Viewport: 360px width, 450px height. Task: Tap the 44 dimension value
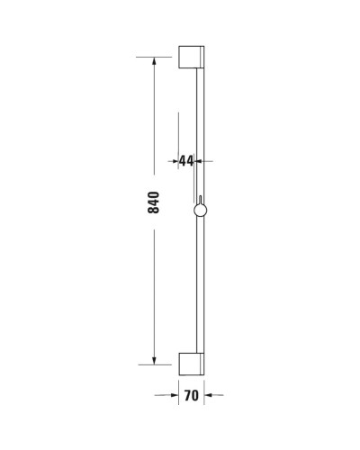pyautogui.click(x=186, y=161)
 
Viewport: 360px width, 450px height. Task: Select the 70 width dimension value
pyautogui.click(x=191, y=394)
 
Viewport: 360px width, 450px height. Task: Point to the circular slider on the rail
pyautogui.click(x=200, y=211)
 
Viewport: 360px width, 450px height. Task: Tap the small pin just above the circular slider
pyautogui.click(x=199, y=199)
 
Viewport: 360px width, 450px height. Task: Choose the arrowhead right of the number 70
pyautogui.click(x=211, y=394)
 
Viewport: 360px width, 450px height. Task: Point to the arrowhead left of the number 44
pyautogui.click(x=175, y=161)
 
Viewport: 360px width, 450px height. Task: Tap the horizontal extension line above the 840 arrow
pyautogui.click(x=154, y=57)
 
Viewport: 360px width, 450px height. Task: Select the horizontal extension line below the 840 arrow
pyautogui.click(x=154, y=364)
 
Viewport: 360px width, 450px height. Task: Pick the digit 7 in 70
pyautogui.click(x=186, y=394)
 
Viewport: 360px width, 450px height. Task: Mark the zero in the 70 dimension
pyautogui.click(x=195, y=394)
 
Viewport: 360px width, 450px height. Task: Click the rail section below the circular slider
pyautogui.click(x=200, y=288)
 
